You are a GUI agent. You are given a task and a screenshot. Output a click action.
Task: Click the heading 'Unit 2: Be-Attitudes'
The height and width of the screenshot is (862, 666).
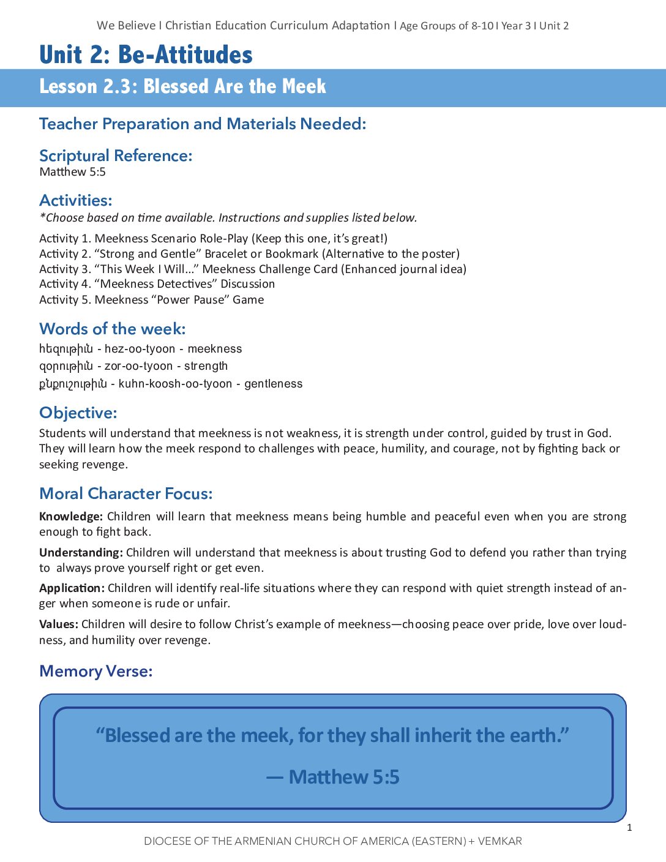(146, 54)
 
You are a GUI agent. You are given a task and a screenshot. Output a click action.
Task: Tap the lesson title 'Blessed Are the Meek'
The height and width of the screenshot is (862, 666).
(234, 86)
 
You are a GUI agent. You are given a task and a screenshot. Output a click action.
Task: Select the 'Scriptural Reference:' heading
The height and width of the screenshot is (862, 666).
(116, 156)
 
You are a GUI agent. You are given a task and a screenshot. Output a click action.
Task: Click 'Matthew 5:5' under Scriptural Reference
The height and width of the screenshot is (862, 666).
(72, 172)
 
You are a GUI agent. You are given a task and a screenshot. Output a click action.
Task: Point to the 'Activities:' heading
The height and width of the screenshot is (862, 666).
(76, 200)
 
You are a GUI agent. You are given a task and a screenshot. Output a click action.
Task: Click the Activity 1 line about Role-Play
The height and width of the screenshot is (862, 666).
(213, 238)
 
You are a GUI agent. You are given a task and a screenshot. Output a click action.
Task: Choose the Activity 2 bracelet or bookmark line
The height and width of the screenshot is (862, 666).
(249, 253)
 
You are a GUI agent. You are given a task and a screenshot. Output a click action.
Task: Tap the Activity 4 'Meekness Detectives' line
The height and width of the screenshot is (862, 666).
(157, 284)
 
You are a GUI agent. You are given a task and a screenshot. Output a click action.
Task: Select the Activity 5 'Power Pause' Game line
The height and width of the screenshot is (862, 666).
(151, 299)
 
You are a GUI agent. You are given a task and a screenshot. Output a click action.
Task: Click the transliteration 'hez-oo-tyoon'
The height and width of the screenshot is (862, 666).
(140, 349)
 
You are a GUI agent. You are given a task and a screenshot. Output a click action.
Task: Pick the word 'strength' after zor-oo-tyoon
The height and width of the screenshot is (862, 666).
(206, 366)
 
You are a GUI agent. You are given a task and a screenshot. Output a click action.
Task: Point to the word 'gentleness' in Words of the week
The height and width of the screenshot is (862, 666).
(273, 384)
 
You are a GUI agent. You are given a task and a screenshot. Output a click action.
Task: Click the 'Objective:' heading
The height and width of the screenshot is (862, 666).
(78, 413)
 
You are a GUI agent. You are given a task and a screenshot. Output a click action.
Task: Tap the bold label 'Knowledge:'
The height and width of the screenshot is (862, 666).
(70, 516)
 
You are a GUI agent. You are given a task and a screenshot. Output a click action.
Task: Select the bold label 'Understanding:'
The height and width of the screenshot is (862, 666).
(81, 552)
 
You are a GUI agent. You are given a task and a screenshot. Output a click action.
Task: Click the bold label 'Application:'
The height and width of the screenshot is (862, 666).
(72, 588)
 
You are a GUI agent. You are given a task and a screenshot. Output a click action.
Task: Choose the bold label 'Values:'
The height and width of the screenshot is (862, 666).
(59, 624)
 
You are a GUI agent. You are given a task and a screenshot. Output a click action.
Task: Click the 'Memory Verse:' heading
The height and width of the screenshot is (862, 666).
(96, 671)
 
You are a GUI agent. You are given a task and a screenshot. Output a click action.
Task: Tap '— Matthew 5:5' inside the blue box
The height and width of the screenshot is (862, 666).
(333, 777)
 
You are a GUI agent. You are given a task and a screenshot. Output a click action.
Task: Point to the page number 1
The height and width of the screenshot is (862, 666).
(629, 828)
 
